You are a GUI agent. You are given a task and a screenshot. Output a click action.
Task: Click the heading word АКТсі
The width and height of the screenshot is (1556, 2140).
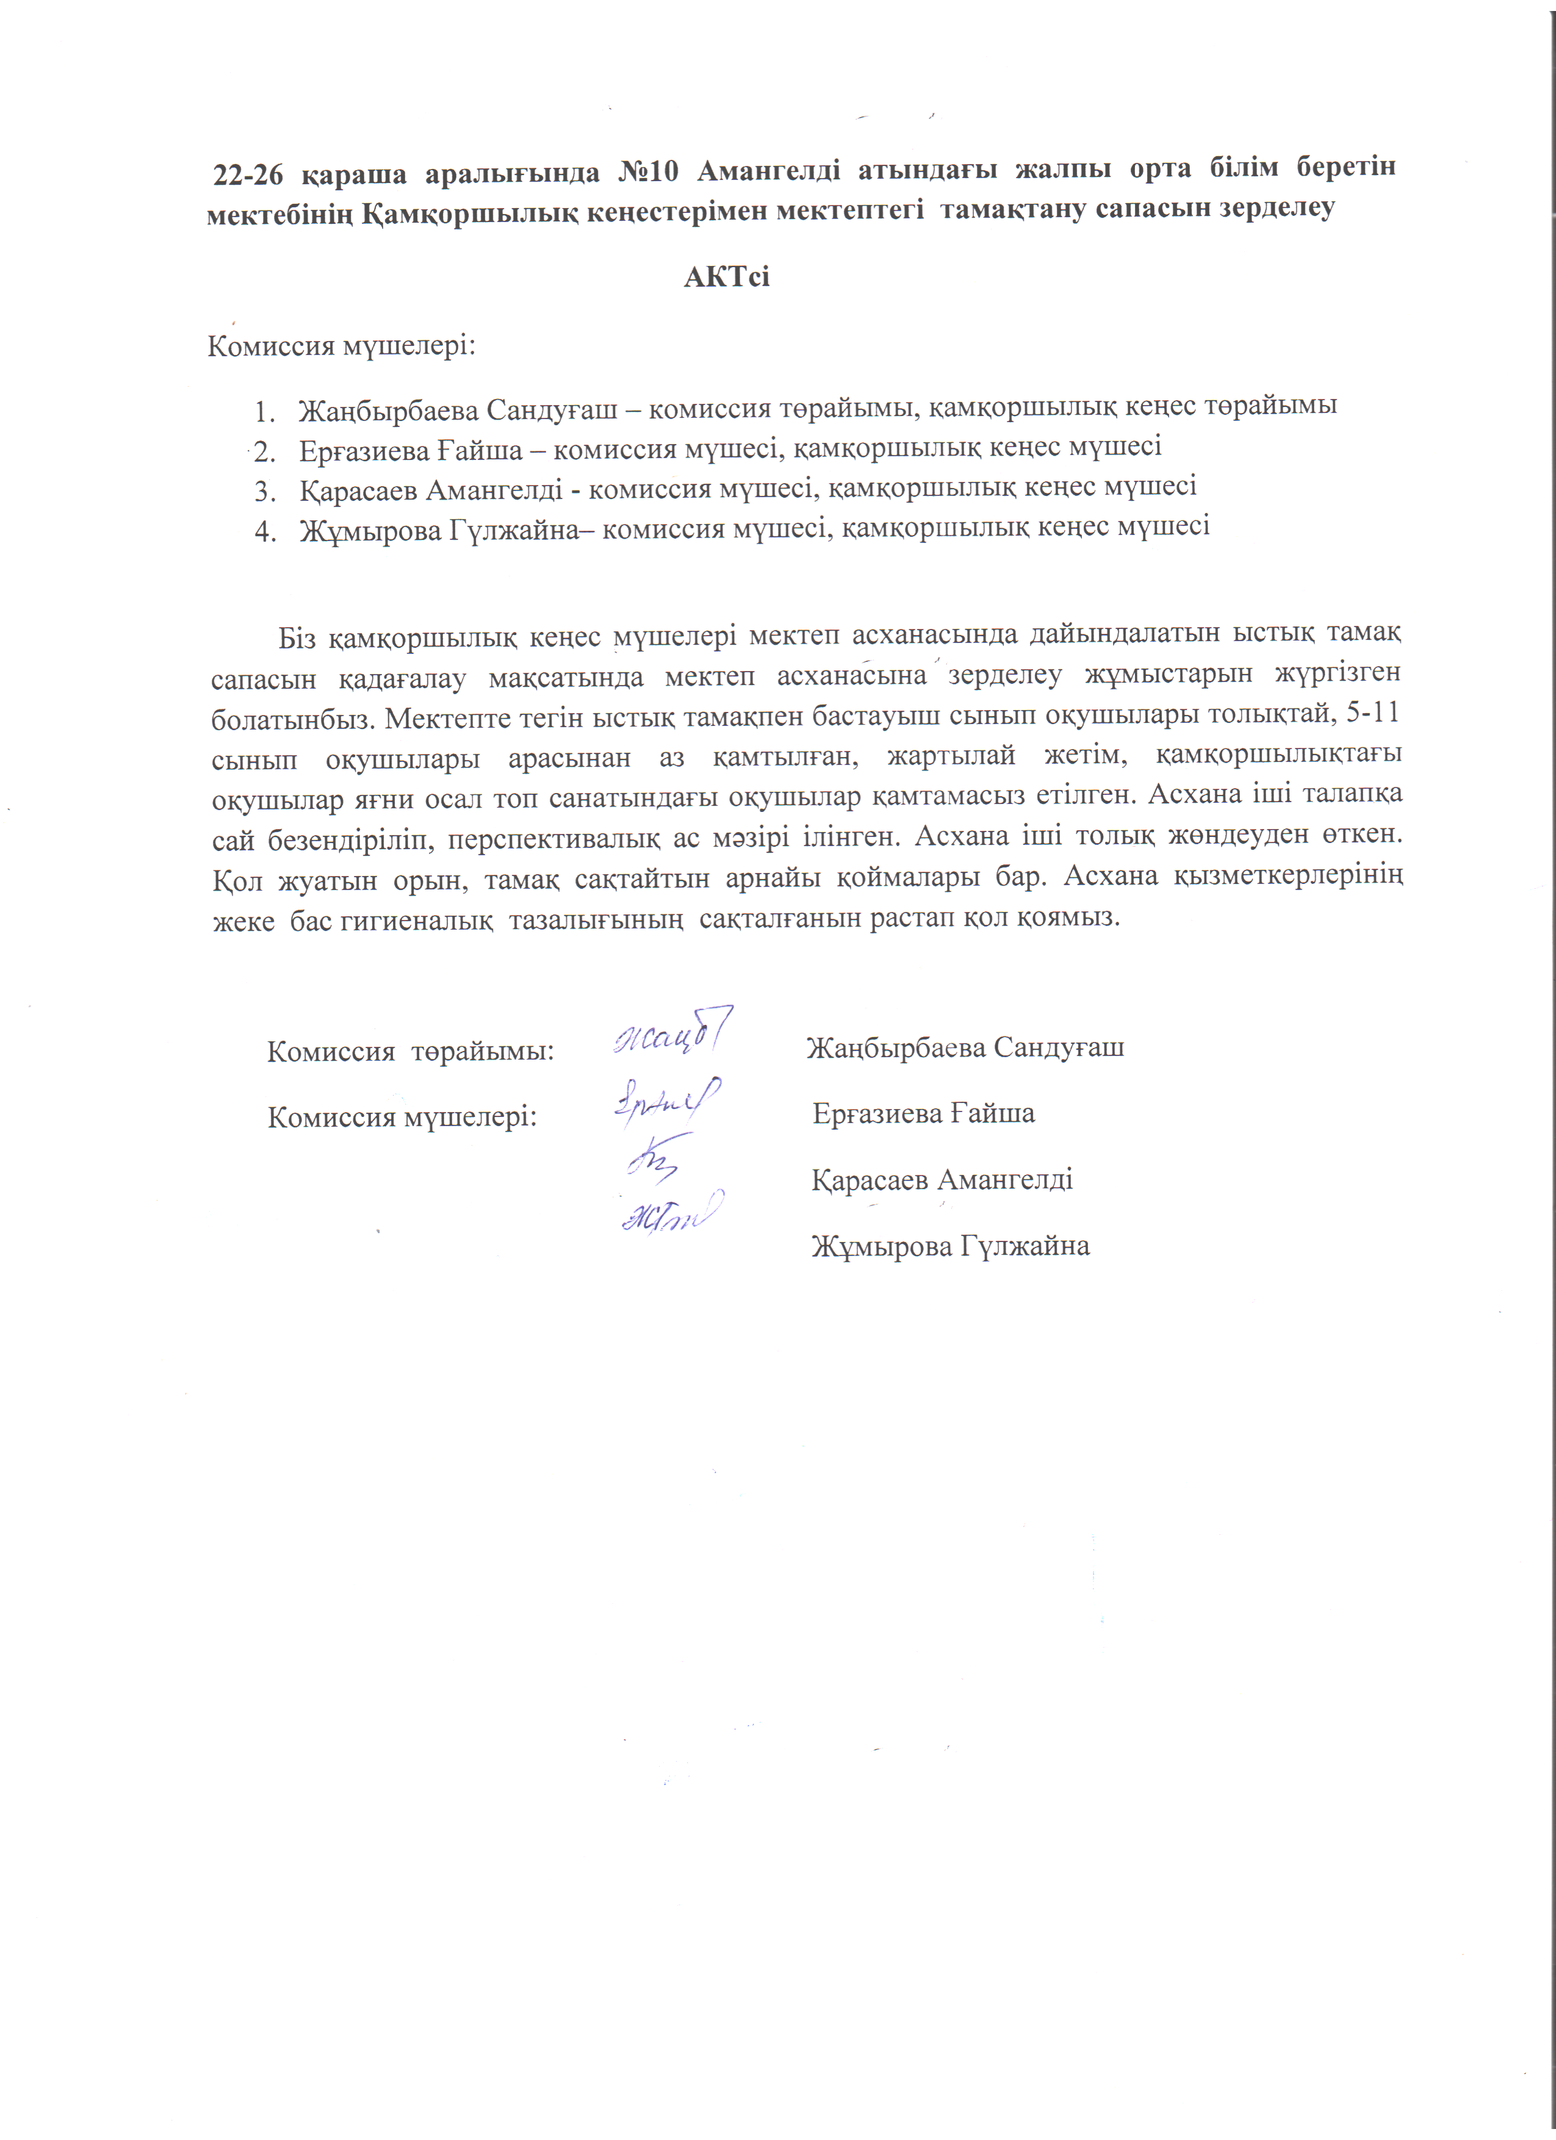pos(727,278)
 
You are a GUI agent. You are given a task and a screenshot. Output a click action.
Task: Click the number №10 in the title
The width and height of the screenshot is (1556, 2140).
pos(648,173)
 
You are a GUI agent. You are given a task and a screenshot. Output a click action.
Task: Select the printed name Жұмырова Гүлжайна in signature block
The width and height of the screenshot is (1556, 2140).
pos(950,1246)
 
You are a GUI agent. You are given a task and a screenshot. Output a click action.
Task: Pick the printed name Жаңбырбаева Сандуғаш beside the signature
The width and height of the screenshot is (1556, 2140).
pos(964,1047)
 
